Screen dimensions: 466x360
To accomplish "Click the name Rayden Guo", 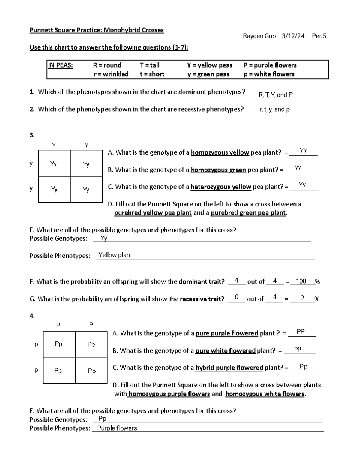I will (x=259, y=36).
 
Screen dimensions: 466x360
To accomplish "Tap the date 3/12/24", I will (x=293, y=36).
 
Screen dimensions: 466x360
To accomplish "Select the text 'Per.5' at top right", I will (x=319, y=36).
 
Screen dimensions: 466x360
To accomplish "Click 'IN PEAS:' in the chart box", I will (x=61, y=65).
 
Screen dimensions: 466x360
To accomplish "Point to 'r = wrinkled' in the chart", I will (x=111, y=74).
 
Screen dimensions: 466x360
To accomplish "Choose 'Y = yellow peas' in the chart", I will (x=209, y=65).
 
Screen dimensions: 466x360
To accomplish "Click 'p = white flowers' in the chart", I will (x=269, y=74).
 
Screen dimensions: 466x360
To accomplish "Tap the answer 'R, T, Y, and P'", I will (x=275, y=95).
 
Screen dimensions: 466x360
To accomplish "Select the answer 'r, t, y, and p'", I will (x=274, y=110).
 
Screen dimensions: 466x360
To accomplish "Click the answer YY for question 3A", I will (x=303, y=150).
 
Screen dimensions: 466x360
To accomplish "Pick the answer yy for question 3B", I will (x=298, y=167).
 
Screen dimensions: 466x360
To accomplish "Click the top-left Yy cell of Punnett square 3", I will (x=54, y=164).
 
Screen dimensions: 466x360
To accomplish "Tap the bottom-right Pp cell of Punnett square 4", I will (x=92, y=371).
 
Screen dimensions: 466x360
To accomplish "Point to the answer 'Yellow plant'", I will (x=115, y=255).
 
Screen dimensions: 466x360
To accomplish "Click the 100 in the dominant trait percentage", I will (x=301, y=281).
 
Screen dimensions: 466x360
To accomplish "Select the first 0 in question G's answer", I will (x=237, y=297).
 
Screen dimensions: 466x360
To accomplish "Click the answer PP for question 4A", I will (x=301, y=332).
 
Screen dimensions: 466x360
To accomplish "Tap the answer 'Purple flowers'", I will (x=117, y=428).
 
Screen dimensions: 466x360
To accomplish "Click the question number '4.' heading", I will (x=32, y=316).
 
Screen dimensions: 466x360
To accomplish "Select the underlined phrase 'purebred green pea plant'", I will (x=248, y=213).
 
